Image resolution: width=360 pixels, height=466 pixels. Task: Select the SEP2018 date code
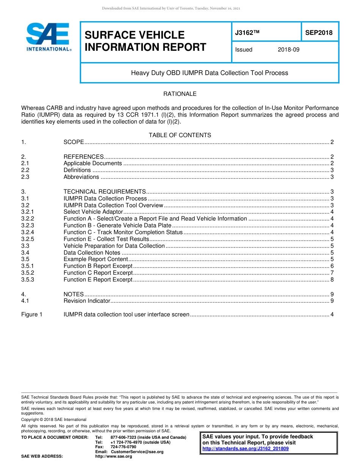click(319, 33)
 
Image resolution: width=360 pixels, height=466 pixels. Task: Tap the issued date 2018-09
click(288, 50)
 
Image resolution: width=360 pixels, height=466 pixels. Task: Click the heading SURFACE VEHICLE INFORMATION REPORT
click(145, 41)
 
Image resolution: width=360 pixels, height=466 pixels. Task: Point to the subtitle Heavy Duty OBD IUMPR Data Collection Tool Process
click(210, 73)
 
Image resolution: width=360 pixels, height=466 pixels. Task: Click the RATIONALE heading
click(180, 94)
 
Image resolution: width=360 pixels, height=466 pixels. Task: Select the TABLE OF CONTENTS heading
click(180, 135)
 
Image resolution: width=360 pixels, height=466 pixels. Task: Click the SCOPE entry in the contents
click(74, 142)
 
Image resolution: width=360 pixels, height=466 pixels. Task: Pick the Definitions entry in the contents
click(77, 170)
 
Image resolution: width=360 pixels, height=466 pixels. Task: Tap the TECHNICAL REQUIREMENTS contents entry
click(105, 192)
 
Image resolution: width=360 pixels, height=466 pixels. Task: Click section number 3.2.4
click(28, 232)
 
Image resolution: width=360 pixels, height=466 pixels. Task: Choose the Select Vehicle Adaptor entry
click(93, 212)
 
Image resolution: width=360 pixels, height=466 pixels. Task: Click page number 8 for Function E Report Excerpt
click(332, 280)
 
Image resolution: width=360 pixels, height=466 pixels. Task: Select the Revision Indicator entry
click(87, 301)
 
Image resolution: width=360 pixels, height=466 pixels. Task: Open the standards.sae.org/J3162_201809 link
click(246, 449)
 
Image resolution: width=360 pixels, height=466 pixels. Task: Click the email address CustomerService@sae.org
click(137, 452)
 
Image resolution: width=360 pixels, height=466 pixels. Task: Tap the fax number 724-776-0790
click(123, 447)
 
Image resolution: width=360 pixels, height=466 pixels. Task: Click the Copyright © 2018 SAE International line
click(54, 419)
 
